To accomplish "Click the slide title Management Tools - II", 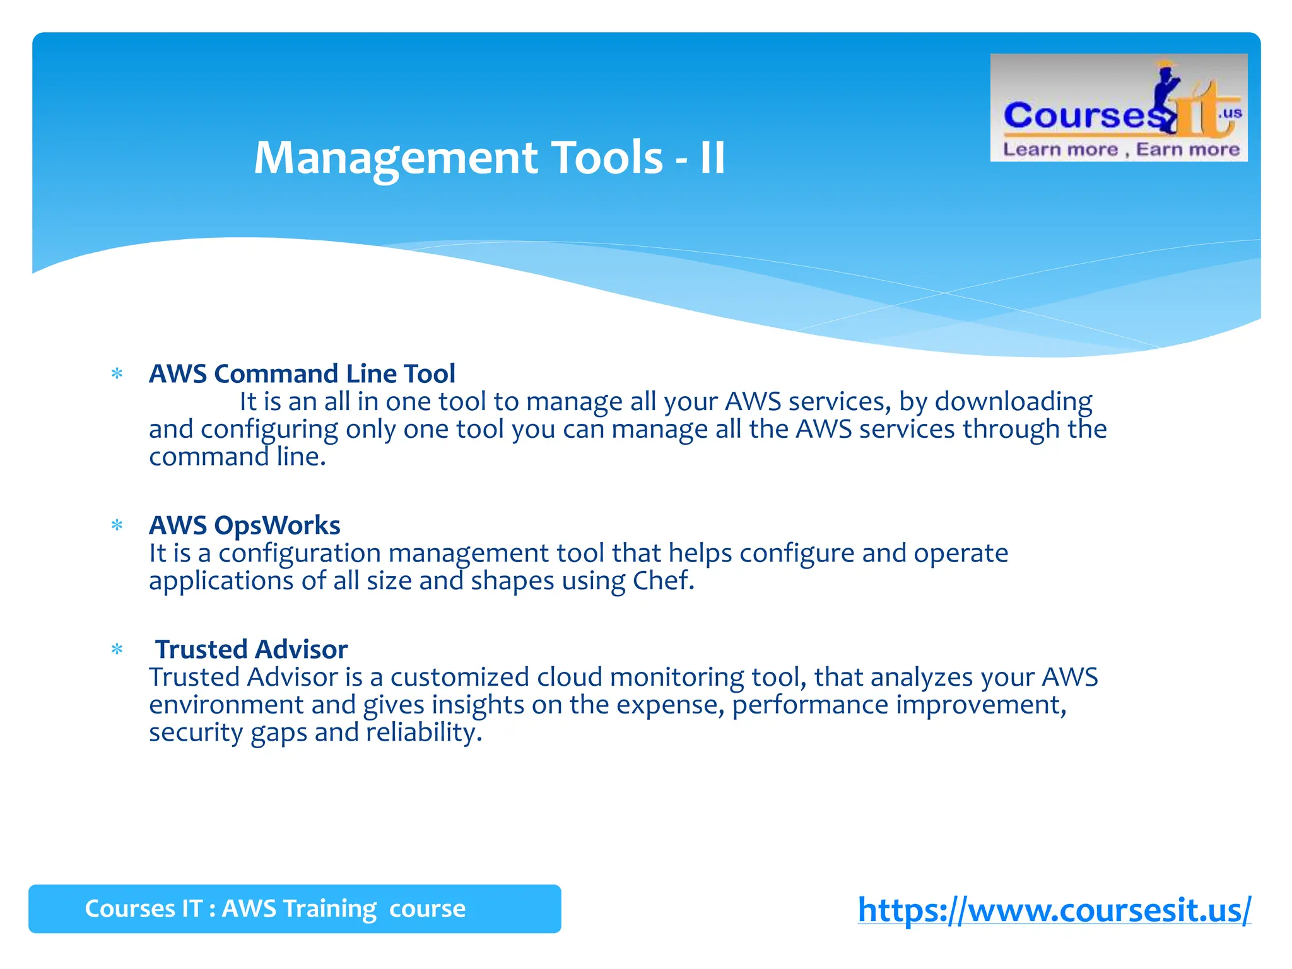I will coord(490,158).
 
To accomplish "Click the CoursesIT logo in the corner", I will coord(1118,108).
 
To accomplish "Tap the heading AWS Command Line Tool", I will coord(302,373).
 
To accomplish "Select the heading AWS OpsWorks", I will coord(244,525).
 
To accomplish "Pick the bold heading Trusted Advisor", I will coord(251,649).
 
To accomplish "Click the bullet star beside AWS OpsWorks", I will coord(117,526).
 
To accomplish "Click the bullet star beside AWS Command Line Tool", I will coord(117,374).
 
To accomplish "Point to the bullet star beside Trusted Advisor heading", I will coord(117,650).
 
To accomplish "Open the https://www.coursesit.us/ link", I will coord(1054,910).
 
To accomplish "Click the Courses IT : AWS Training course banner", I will coord(294,908).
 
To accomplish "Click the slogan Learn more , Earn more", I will coord(1121,150).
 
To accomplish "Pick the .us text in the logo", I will coord(1230,114).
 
